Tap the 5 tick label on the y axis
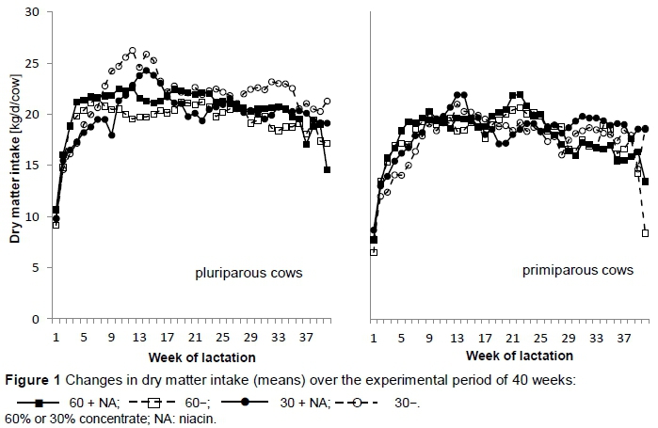[38, 267]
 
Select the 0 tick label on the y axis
[38, 319]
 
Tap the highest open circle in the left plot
[133, 51]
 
